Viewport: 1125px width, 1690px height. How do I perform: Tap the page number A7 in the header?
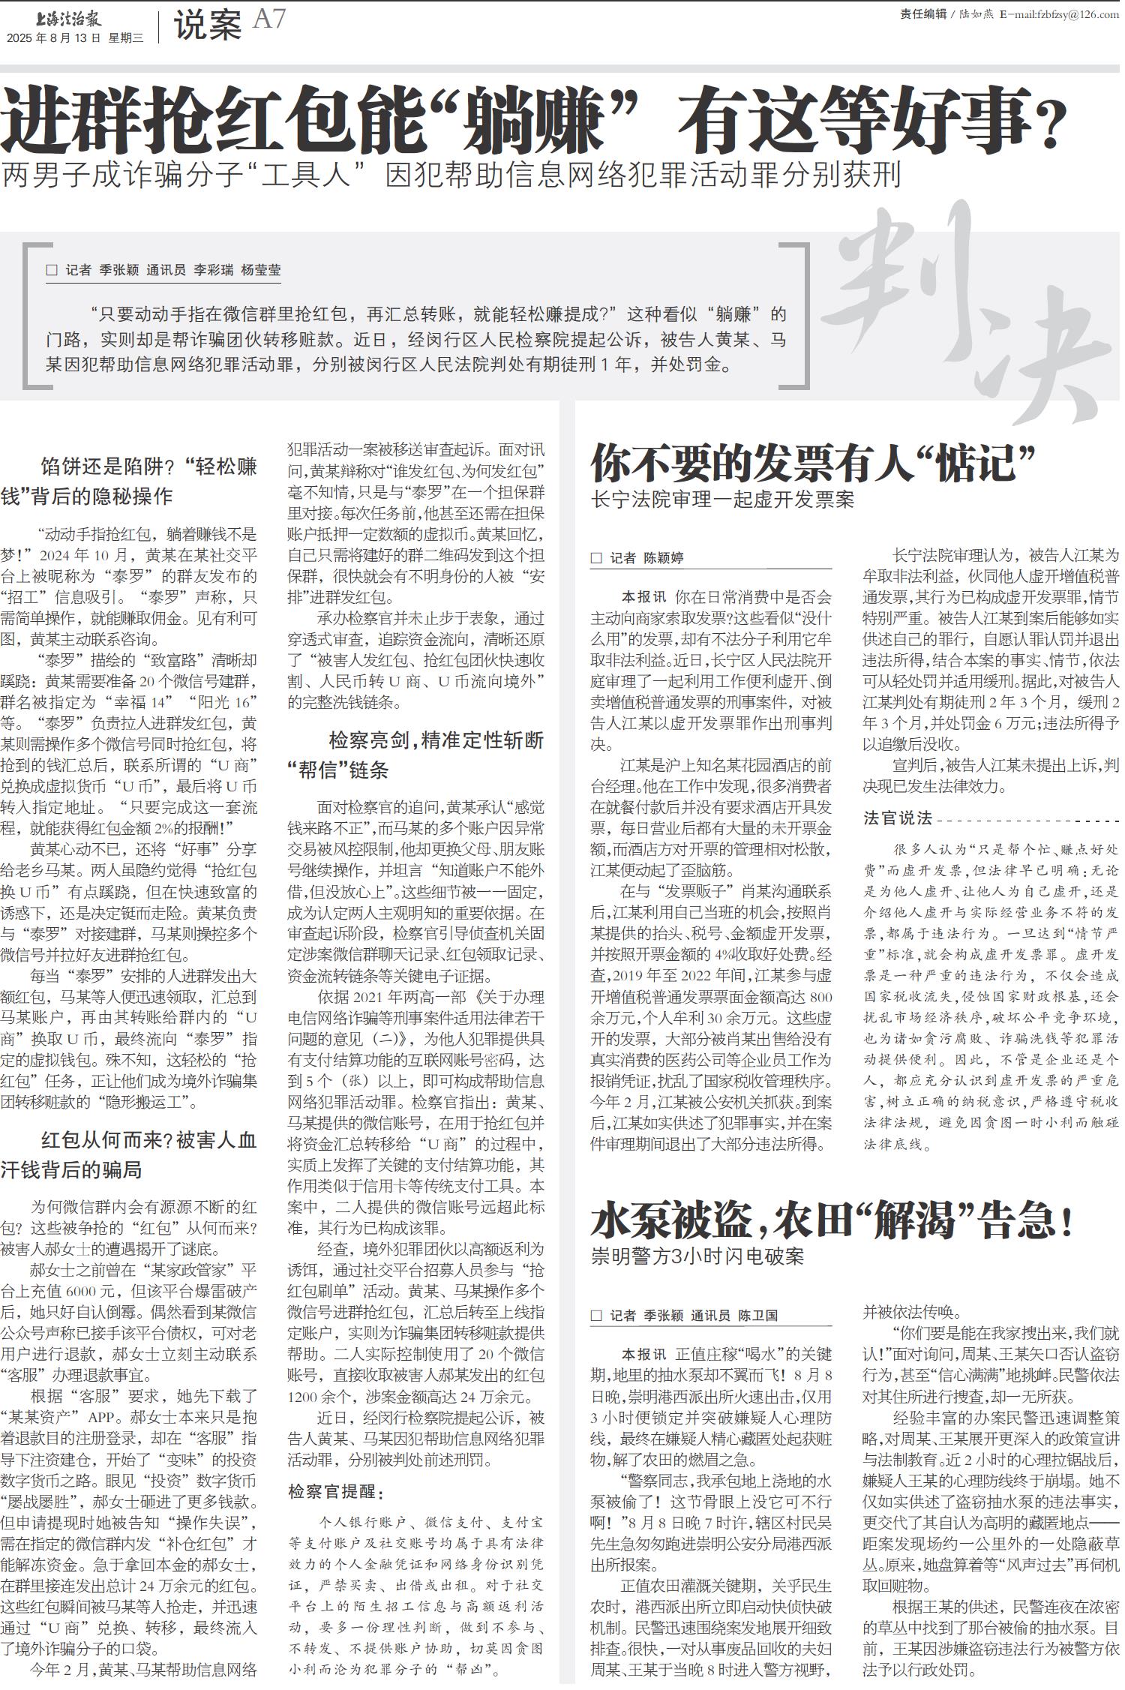[x=269, y=20]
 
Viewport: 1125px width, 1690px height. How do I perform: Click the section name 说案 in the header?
[x=208, y=25]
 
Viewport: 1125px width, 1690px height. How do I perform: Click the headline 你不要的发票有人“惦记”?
[x=814, y=462]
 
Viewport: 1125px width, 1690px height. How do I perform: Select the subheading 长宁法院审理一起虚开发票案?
[x=723, y=500]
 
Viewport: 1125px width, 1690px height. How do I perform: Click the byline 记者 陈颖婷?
[x=646, y=558]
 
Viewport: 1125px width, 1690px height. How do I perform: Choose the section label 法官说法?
[x=897, y=818]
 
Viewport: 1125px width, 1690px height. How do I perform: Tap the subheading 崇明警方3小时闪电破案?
[x=697, y=1256]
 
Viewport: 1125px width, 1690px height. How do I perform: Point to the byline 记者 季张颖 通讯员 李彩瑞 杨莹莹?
[x=172, y=271]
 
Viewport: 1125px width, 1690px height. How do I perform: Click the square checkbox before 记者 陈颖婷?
[x=596, y=558]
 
